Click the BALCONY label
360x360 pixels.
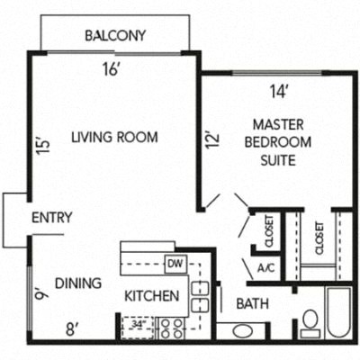coord(115,36)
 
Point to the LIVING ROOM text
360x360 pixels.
coord(114,138)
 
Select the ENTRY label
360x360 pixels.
coord(52,218)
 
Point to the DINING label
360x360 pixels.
coord(78,283)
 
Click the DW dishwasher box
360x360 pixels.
coord(175,264)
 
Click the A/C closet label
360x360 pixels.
coord(265,267)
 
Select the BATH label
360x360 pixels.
coord(252,305)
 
